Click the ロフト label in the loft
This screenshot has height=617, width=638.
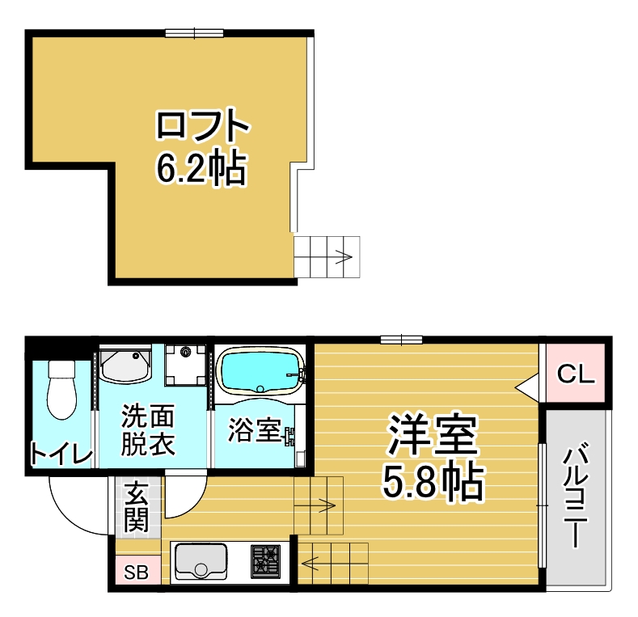pos(202,125)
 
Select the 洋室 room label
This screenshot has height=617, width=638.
pos(433,434)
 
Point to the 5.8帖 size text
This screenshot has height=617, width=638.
pos(433,482)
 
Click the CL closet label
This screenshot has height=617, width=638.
pos(576,374)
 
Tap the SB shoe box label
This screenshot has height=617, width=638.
pos(137,573)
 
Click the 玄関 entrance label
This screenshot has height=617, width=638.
pos(136,507)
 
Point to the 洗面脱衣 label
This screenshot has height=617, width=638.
pos(148,429)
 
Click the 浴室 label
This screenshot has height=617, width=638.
pos(255,429)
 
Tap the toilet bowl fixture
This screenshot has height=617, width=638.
pos(61,390)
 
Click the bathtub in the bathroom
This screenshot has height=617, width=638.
pos(260,372)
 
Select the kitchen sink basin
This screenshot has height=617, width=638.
pos(201,562)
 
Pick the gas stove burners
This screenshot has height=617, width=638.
pos(265,562)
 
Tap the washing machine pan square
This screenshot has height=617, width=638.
pos(185,365)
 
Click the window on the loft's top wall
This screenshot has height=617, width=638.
pos(195,33)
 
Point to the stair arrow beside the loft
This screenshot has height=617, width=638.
pos(344,257)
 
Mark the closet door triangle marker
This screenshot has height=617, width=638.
pos(527,387)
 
